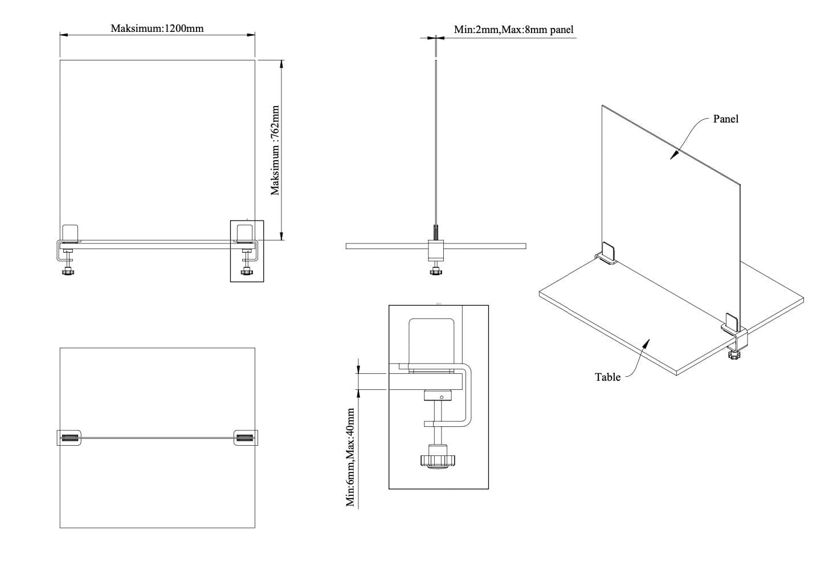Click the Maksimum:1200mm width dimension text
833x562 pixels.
157,28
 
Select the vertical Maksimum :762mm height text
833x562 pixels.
276,150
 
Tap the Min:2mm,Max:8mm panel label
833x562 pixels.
513,29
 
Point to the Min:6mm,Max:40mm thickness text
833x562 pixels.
351,456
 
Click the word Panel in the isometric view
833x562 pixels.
725,119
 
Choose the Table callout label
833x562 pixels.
607,377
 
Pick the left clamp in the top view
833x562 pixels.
70,438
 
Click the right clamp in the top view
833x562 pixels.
246,438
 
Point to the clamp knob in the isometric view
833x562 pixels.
733,356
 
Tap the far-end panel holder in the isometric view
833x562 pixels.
607,252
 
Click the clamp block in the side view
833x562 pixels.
436,249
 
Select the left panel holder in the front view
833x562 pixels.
70,233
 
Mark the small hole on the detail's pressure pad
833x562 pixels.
442,397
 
